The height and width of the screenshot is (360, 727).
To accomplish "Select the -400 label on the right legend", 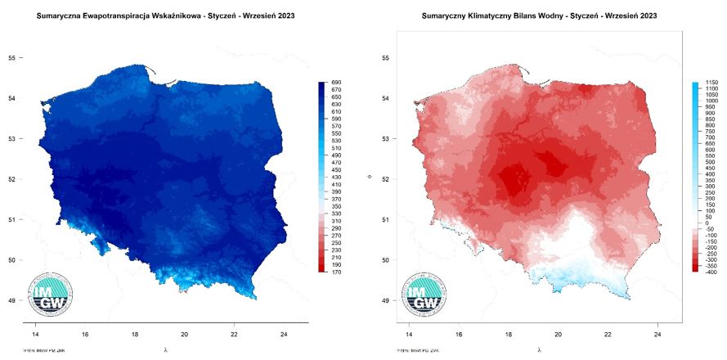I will click(x=710, y=272).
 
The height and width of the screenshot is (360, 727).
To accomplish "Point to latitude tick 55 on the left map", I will click(x=12, y=58).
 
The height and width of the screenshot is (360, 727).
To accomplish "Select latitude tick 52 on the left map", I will click(x=12, y=179).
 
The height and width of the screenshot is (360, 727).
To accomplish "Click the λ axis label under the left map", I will click(x=166, y=349).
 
